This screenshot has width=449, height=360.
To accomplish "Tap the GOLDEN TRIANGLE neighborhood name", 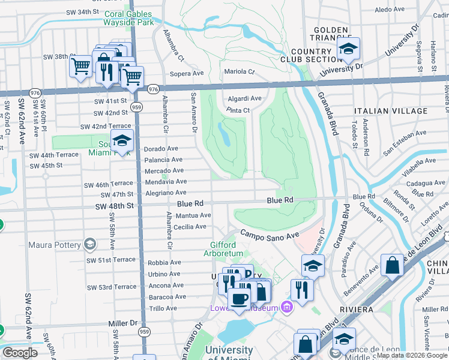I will (330, 34).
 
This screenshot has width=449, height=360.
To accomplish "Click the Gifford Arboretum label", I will (231, 250).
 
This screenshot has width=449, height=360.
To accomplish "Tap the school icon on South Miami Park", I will (122, 141).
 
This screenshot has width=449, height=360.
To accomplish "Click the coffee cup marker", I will (239, 299).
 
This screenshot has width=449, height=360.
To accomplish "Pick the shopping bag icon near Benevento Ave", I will (391, 265).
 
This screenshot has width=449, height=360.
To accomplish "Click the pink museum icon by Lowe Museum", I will (286, 308).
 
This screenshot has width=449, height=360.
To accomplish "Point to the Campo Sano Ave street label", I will (270, 234).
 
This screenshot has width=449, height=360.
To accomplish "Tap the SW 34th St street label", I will (79, 11).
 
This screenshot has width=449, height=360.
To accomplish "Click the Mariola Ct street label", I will (240, 71).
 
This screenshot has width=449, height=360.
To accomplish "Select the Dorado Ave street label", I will (161, 148).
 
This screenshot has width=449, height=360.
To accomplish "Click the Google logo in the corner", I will (20, 352).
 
